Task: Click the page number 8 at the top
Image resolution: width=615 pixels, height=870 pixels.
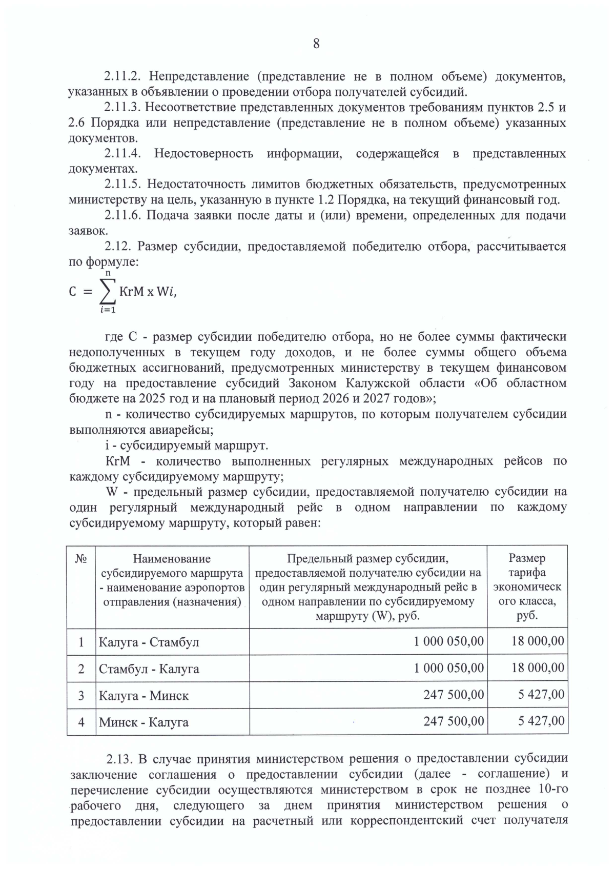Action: coord(316,44)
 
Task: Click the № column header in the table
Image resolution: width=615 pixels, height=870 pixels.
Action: coord(81,559)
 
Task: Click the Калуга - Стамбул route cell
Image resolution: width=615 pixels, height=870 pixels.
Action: coord(149,642)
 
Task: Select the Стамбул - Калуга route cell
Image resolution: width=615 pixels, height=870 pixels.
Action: coord(149,669)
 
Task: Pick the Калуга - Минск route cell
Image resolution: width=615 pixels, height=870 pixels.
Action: coord(143,696)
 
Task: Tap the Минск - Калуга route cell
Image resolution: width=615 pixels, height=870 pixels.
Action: coord(143,722)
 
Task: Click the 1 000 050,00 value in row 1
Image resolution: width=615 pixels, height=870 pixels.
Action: coord(448,641)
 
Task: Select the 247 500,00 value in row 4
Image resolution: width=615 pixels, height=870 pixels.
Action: coord(454,721)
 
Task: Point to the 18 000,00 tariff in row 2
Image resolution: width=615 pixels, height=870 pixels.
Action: coord(538,667)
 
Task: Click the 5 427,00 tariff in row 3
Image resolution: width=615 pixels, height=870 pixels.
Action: coord(541,695)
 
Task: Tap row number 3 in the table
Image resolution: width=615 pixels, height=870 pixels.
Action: coord(81,696)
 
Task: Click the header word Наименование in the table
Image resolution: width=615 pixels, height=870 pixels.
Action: coord(172,559)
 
